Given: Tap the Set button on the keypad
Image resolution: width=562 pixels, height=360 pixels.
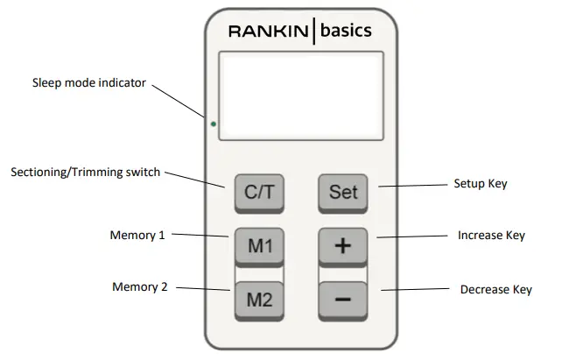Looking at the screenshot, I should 343,191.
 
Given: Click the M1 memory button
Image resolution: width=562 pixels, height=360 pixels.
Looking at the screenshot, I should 259,246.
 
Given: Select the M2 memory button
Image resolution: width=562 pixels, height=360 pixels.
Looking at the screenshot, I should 259,300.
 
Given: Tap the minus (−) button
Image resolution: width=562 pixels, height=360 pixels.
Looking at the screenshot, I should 343,300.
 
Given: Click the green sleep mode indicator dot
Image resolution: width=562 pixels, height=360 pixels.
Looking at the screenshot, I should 213,124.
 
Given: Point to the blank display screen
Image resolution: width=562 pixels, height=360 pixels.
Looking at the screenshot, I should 300,95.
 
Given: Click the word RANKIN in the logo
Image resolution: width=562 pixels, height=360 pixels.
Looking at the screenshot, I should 268,32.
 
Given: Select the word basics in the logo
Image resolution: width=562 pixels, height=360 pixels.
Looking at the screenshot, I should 346,31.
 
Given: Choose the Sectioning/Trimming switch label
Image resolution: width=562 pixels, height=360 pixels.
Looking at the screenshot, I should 86,173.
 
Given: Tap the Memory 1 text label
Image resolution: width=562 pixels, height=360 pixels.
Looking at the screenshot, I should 138,236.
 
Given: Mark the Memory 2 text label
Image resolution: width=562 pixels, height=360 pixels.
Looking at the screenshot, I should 140,286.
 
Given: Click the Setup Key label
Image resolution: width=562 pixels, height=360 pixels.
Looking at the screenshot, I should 480,184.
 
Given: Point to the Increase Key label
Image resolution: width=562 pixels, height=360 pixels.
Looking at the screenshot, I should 492,236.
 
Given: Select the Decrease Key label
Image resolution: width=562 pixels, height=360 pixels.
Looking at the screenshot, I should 495,289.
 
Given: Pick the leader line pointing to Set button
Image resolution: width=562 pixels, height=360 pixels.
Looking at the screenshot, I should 410,186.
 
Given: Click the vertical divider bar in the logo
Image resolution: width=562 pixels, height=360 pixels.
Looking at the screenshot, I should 313,32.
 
